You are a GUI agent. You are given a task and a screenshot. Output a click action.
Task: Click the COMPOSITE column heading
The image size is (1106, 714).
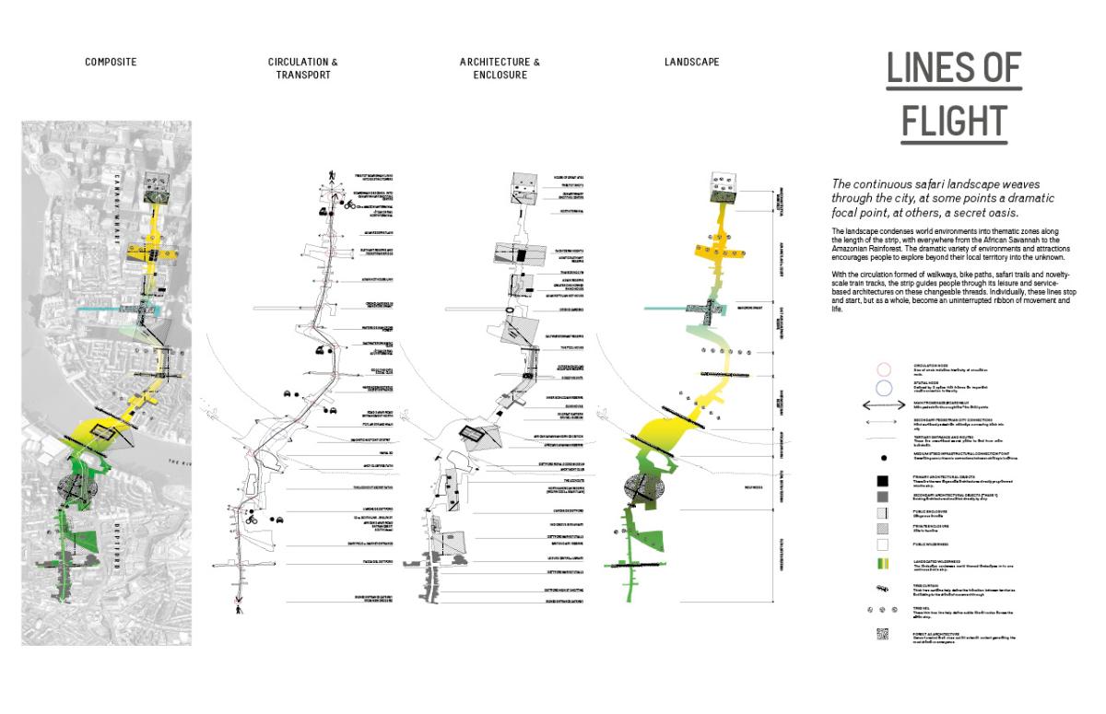(x=111, y=62)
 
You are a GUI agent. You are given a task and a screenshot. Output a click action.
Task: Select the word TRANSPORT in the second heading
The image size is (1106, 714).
(x=302, y=75)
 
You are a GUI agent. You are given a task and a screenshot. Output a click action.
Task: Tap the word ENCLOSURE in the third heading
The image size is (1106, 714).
(x=500, y=75)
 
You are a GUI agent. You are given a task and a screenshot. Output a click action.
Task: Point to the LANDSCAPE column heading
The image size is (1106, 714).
(x=691, y=62)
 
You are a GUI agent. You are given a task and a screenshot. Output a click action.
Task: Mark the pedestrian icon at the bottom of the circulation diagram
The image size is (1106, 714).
(x=240, y=609)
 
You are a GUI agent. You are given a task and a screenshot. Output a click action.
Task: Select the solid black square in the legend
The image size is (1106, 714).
(x=882, y=481)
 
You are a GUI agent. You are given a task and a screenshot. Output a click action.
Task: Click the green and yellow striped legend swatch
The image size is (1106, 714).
(x=882, y=563)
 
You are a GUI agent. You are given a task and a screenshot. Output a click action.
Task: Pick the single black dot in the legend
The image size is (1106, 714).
(x=882, y=457)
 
